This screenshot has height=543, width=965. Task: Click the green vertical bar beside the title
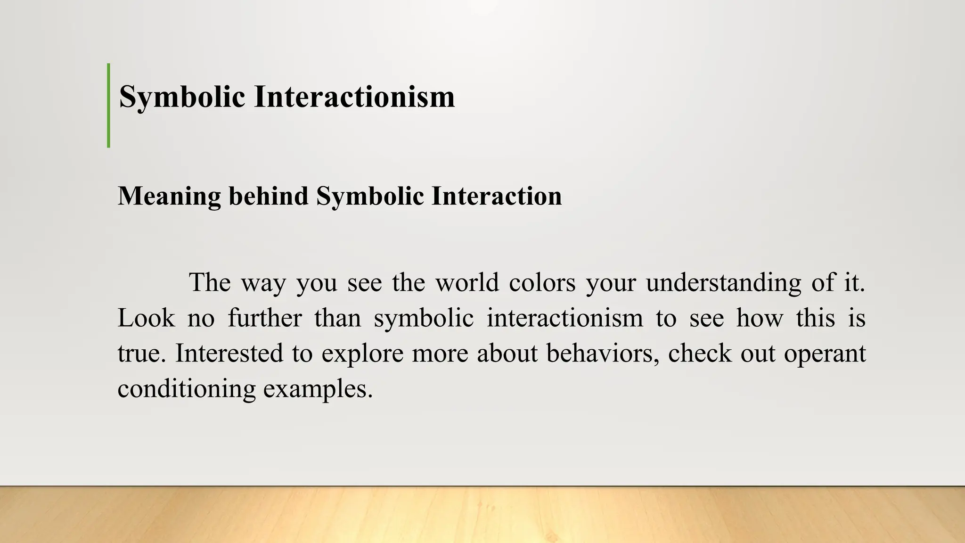(109, 106)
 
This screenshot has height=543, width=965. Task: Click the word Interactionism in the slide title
(354, 97)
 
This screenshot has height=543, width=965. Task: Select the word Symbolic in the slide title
(182, 97)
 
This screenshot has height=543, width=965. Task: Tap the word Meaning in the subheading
(169, 196)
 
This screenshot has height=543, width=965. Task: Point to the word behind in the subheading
(269, 196)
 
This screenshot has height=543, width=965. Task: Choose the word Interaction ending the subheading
(497, 196)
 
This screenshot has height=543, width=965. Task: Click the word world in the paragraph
(466, 283)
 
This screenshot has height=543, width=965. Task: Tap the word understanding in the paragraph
(723, 283)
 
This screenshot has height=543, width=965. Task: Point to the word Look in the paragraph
(146, 318)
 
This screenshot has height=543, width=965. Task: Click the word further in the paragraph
(265, 318)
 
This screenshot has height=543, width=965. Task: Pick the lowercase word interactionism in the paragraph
(565, 318)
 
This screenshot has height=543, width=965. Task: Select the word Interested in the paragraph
(229, 354)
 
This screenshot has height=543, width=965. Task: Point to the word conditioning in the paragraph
(187, 389)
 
